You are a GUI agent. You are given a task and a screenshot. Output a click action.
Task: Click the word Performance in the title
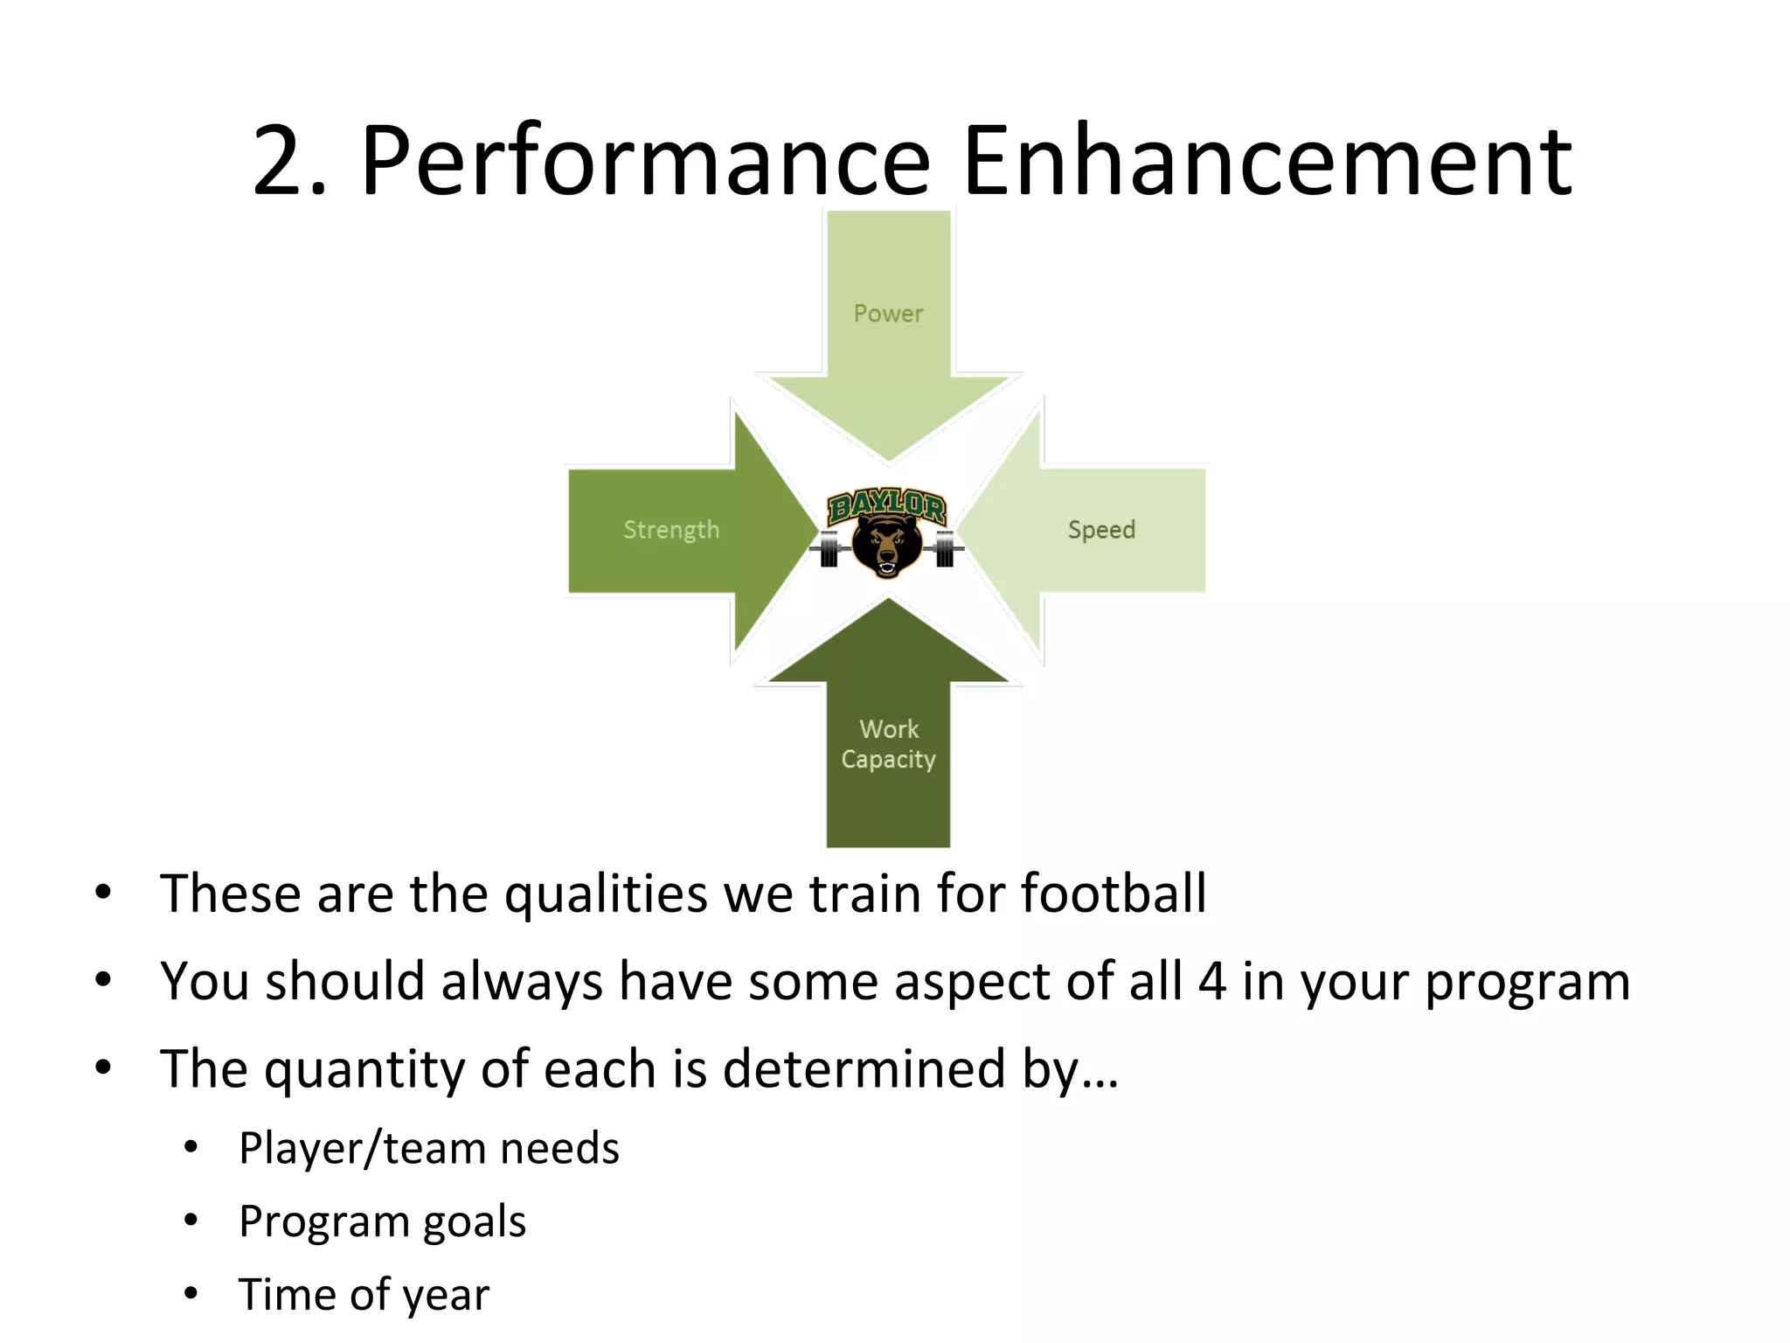(645, 162)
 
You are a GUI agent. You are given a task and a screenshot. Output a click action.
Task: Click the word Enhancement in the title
(1266, 162)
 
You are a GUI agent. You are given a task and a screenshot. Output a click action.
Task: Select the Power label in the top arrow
(888, 314)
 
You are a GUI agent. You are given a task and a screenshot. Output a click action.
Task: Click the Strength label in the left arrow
(671, 530)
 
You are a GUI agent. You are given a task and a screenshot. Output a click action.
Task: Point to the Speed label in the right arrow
(1101, 530)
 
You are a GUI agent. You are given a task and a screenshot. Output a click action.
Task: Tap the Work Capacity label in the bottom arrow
(888, 744)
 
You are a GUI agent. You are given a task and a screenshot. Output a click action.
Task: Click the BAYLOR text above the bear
(886, 506)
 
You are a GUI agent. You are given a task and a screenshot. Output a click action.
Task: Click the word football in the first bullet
(1114, 894)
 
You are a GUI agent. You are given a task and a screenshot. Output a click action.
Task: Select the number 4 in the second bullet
(1211, 981)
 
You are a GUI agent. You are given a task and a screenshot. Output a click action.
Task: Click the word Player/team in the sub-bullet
(362, 1149)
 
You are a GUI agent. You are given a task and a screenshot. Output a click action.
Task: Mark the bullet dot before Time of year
(191, 1293)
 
